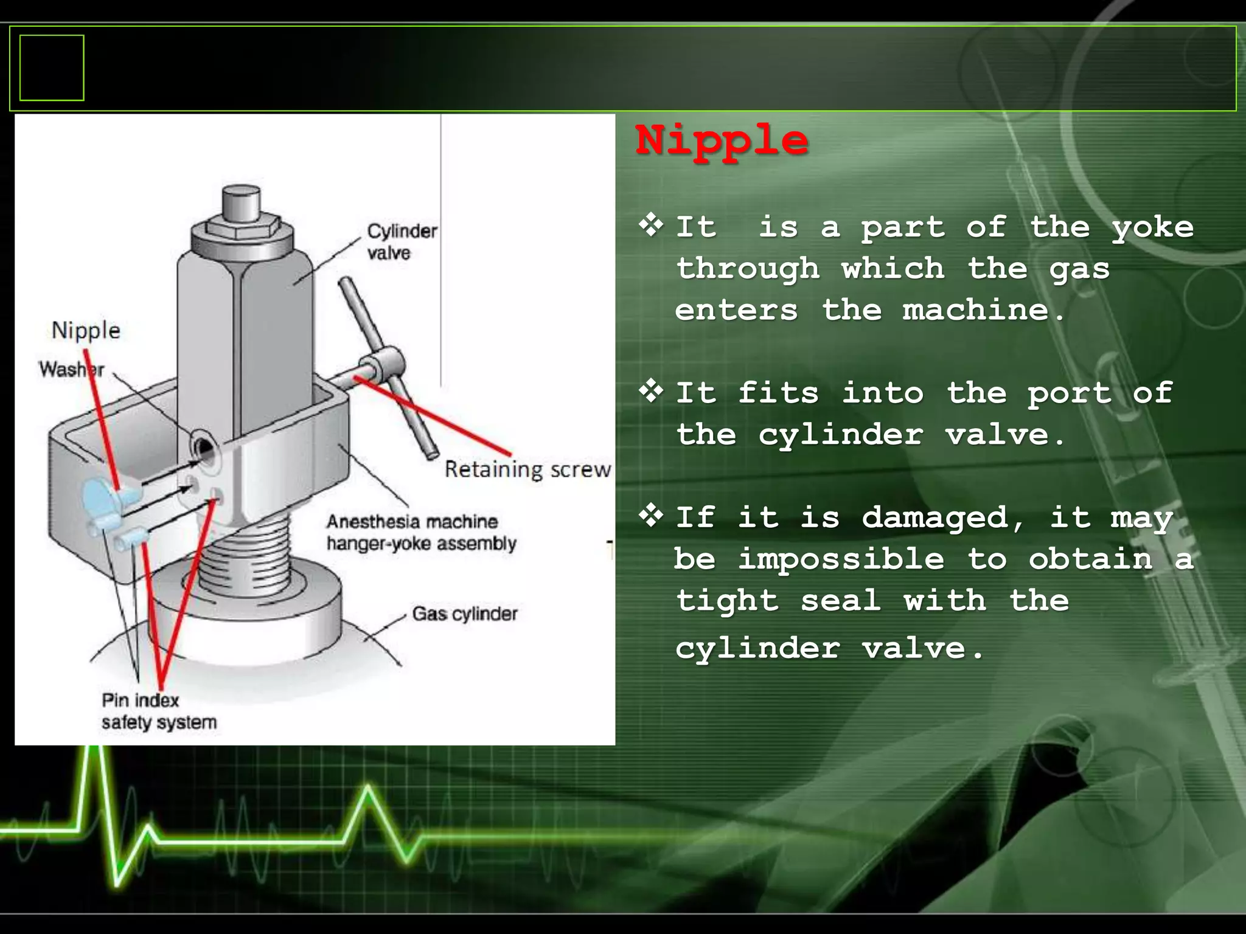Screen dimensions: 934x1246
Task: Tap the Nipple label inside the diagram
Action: click(x=86, y=330)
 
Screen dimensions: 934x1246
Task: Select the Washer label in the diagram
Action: click(x=71, y=369)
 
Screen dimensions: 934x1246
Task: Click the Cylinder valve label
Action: click(x=402, y=241)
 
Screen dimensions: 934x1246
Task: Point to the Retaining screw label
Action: click(x=527, y=469)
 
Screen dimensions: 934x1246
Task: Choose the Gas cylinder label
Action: click(x=464, y=614)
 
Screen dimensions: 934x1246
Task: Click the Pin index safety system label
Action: click(x=159, y=711)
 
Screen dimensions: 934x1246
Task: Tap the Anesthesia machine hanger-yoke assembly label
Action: click(x=421, y=532)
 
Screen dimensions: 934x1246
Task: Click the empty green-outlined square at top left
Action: click(x=52, y=67)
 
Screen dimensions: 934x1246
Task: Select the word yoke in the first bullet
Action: click(x=1152, y=228)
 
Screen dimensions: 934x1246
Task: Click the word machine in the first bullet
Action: click(x=976, y=310)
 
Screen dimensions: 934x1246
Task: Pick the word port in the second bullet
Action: click(x=1069, y=393)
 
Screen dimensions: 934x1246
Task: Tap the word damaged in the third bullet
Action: click(x=934, y=518)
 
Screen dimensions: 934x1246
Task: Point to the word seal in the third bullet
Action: click(x=840, y=601)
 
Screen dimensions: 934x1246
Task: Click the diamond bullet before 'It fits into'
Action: click(x=651, y=390)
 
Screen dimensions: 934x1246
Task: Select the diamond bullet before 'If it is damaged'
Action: click(x=651, y=515)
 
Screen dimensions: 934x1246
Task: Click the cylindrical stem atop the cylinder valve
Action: click(x=242, y=204)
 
